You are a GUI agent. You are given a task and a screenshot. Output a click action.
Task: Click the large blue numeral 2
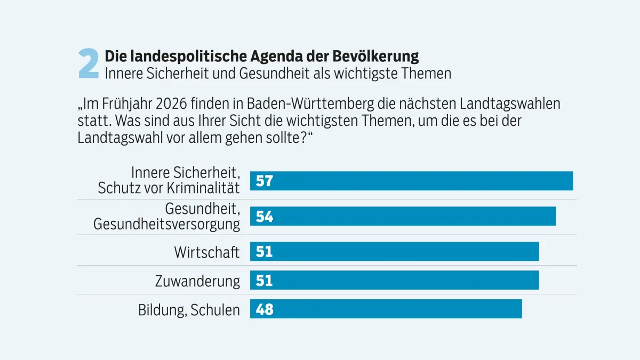pyautogui.click(x=89, y=65)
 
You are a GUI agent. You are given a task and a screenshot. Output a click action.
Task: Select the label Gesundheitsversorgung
pyautogui.click(x=167, y=224)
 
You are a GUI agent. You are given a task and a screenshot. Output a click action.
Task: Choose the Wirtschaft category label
pyautogui.click(x=207, y=252)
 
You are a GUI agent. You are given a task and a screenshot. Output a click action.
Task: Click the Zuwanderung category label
pyautogui.click(x=197, y=281)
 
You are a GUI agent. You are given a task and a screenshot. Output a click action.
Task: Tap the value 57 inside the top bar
pyautogui.click(x=265, y=181)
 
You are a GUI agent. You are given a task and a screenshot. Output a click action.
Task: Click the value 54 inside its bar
pyautogui.click(x=265, y=217)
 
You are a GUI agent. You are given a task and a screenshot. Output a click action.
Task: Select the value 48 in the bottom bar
pyautogui.click(x=265, y=309)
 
